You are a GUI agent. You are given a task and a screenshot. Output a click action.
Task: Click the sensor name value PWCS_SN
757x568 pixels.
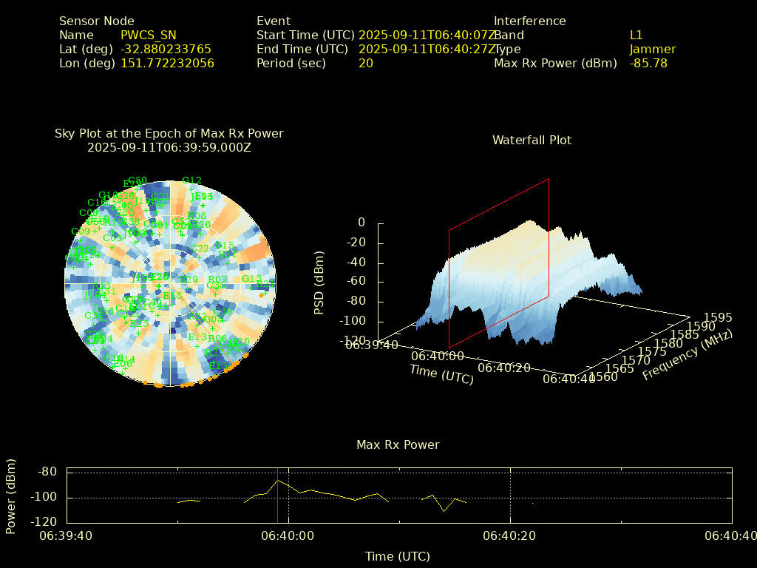tap(148, 35)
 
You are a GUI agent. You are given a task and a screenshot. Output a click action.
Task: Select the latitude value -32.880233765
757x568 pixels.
tap(166, 49)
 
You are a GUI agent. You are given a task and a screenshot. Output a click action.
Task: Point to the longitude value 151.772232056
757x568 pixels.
tap(167, 63)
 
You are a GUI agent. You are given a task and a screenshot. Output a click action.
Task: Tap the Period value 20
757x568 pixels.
tap(365, 63)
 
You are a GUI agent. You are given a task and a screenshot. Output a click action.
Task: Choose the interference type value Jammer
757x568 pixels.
tap(653, 49)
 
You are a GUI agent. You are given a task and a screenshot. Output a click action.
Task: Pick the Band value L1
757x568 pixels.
tap(636, 35)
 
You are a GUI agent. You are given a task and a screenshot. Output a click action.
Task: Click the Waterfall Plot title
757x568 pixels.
tap(532, 140)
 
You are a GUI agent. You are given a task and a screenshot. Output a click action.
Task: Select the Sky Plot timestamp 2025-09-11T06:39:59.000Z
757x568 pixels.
tap(169, 147)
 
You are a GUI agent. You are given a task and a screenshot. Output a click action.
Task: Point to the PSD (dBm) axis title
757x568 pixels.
tap(319, 286)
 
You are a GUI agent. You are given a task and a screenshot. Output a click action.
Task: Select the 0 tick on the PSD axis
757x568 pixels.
tap(361, 223)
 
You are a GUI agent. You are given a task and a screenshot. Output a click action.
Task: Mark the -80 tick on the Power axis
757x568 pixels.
tap(47, 472)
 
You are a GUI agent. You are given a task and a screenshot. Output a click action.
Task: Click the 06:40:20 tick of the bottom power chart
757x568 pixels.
tap(510, 535)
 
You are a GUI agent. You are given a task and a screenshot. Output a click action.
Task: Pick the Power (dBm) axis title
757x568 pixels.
tap(11, 496)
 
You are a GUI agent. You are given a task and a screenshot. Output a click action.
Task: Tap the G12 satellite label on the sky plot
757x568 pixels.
tap(191, 180)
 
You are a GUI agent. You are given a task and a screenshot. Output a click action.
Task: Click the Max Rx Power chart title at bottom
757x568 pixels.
tap(398, 444)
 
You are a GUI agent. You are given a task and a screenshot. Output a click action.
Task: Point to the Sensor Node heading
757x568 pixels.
tap(96, 21)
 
